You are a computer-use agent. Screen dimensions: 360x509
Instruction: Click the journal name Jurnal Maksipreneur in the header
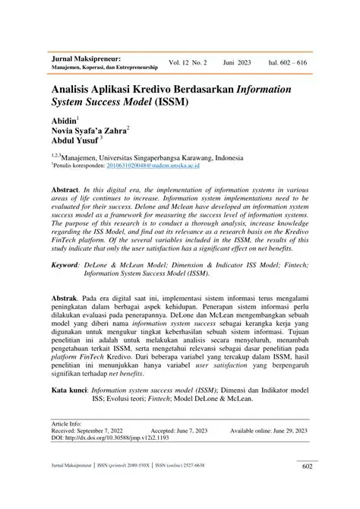pyautogui.click(x=85, y=58)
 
